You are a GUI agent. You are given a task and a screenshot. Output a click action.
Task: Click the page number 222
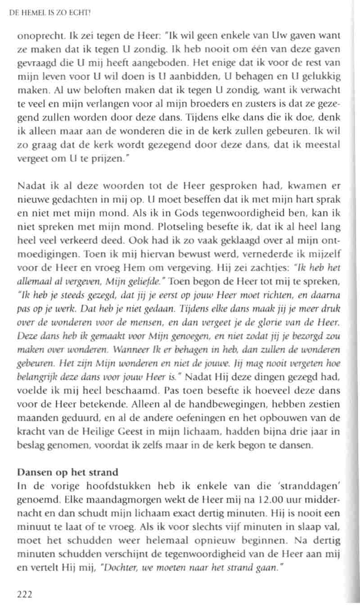click(x=24, y=594)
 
